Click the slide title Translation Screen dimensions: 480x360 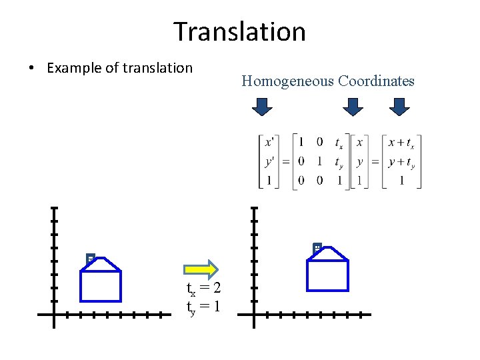point(239,32)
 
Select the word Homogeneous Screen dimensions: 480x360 point(287,81)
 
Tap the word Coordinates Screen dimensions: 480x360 point(376,81)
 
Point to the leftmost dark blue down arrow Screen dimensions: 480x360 point(263,107)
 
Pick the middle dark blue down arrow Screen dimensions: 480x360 point(353,107)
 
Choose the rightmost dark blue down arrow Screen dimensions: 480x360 point(399,107)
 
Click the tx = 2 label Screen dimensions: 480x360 point(203,288)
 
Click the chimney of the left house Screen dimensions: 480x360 point(90,258)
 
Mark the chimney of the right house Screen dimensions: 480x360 point(317,248)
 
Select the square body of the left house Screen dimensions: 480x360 point(101,287)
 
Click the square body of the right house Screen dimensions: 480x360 point(327,276)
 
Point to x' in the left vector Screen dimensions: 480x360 point(269,142)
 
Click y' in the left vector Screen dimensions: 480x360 point(269,161)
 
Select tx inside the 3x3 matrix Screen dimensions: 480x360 point(339,143)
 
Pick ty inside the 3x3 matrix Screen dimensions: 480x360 point(339,162)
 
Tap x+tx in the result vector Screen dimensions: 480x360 point(401,143)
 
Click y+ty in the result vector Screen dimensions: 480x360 point(401,162)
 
